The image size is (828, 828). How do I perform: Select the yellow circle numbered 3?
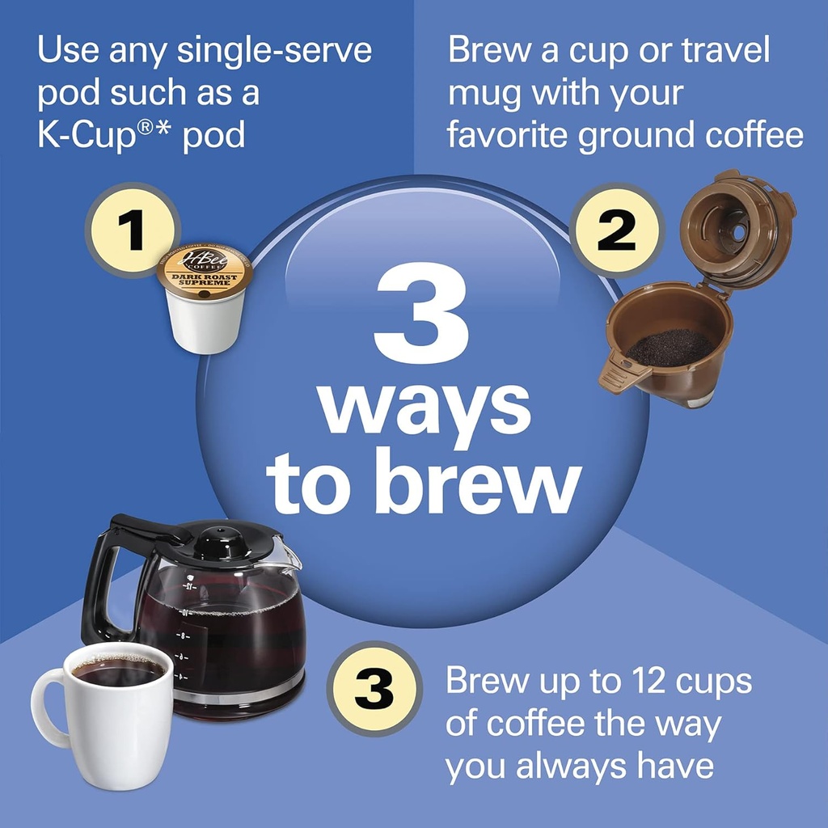[374, 689]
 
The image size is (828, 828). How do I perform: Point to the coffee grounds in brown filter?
[670, 348]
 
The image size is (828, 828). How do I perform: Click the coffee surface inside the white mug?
[117, 670]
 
